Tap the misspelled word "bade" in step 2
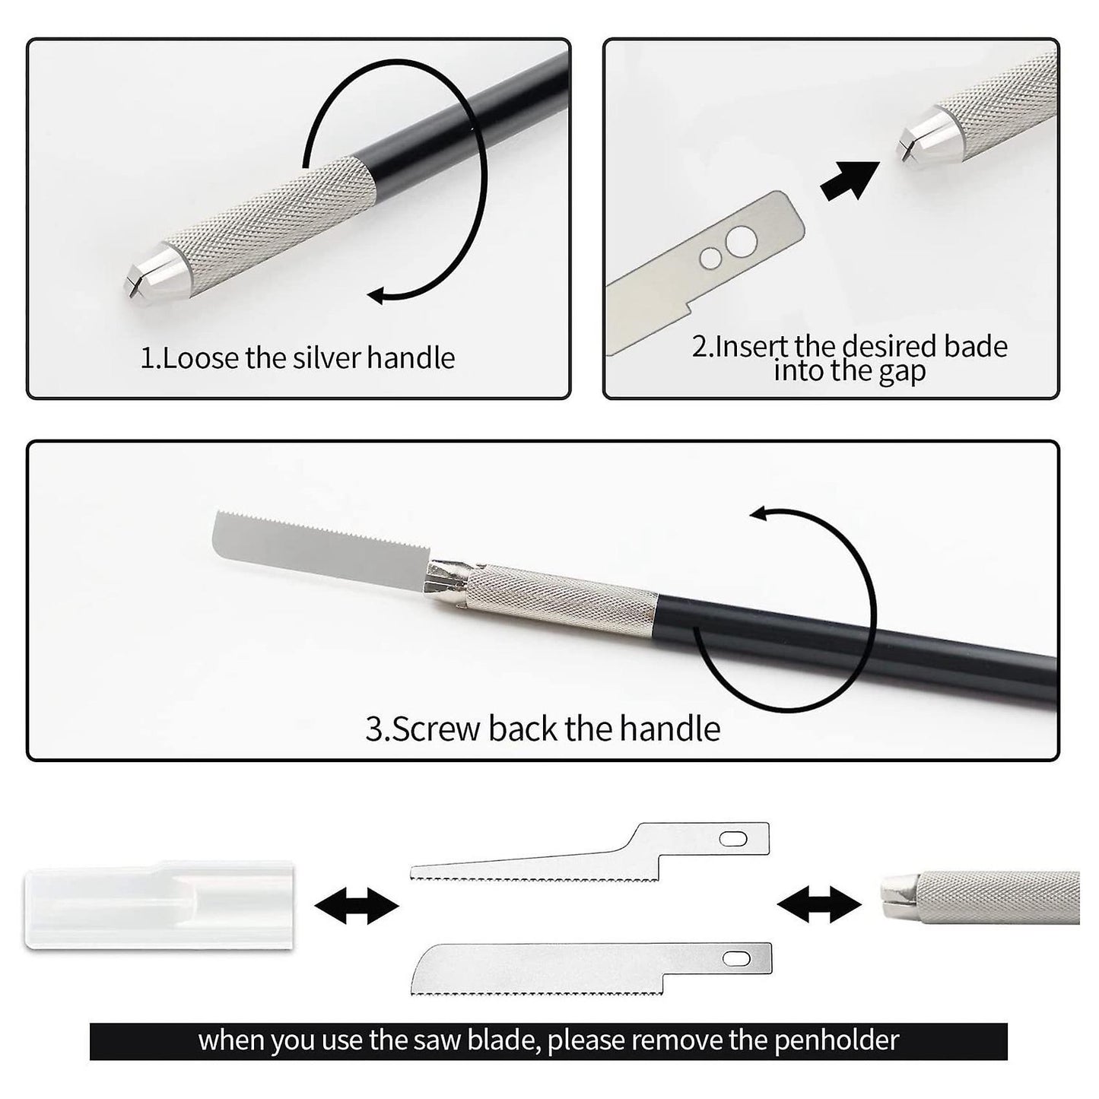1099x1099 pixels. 975,346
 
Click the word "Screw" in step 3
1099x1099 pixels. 437,729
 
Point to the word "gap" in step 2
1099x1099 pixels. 902,373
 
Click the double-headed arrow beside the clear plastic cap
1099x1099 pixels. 357,905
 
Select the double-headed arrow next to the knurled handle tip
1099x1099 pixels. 819,905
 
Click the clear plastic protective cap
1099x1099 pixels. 159,904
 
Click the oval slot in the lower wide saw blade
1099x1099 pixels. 736,959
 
